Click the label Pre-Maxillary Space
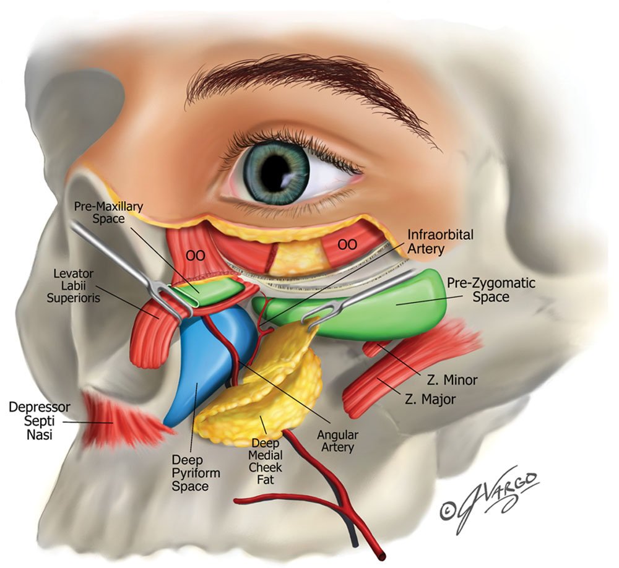(100, 212)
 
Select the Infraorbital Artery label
(440, 241)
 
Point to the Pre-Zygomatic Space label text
(483, 290)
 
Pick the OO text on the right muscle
(347, 245)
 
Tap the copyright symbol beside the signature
(452, 509)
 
